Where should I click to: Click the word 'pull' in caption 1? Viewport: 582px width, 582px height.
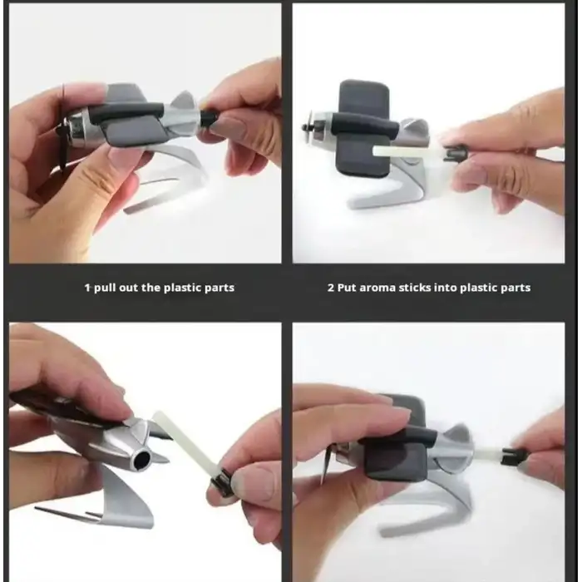[104, 288]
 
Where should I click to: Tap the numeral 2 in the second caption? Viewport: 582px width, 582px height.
[331, 288]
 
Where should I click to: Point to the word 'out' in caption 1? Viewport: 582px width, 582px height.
[129, 288]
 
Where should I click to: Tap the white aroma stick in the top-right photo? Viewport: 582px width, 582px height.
[408, 152]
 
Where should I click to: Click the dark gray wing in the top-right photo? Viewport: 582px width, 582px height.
[364, 128]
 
